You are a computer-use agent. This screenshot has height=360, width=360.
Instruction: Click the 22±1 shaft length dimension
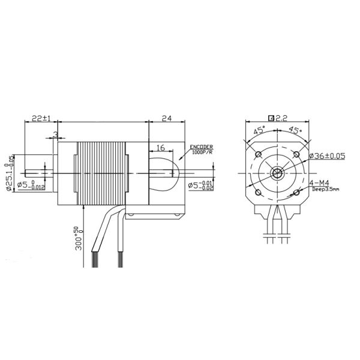(39, 119)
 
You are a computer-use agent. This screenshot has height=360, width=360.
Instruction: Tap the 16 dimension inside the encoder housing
(161, 148)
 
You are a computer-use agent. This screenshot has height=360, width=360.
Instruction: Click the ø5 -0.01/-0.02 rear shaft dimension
(200, 185)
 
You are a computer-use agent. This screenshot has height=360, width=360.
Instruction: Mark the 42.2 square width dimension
(277, 118)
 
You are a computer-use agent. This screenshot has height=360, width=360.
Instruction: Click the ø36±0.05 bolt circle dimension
(328, 156)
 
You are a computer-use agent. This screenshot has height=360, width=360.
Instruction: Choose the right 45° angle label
(295, 130)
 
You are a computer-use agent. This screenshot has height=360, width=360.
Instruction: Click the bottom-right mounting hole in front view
(296, 193)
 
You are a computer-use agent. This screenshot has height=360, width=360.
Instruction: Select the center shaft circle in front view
(277, 174)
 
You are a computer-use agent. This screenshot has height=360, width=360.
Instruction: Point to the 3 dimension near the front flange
(55, 133)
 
